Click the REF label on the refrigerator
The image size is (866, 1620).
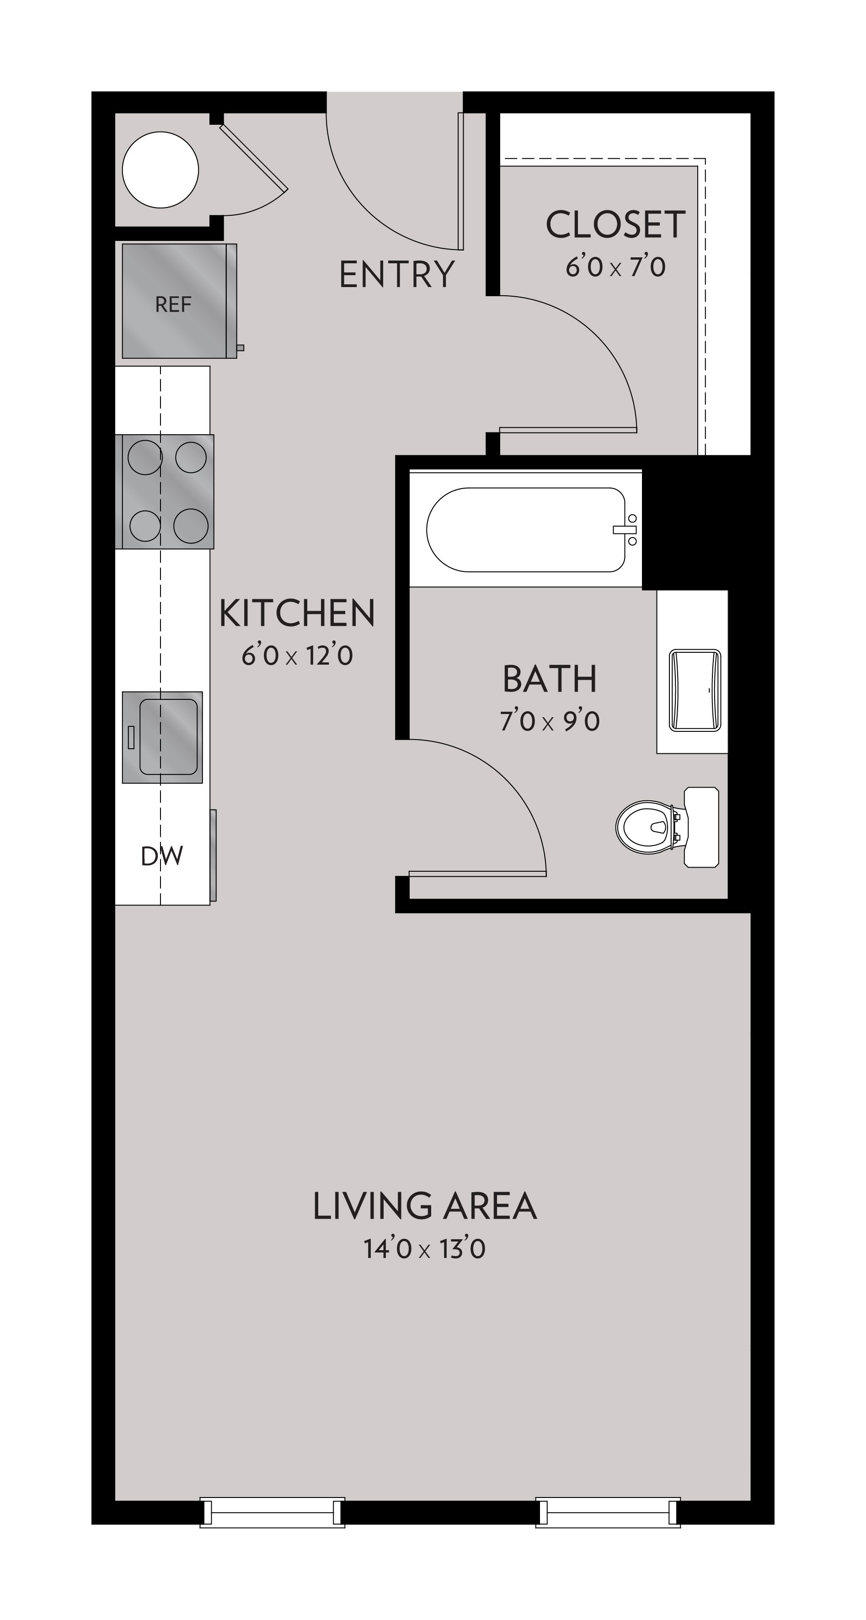(173, 304)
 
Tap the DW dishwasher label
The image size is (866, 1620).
(161, 856)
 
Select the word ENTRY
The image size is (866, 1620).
(396, 274)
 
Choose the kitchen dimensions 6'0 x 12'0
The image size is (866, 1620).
(297, 656)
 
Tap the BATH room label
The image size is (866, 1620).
(550, 679)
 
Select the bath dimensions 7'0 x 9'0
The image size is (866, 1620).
(550, 721)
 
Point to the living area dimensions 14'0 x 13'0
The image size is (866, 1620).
(424, 1249)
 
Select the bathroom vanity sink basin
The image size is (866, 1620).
(695, 690)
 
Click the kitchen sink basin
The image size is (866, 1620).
(168, 736)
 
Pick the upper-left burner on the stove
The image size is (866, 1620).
(144, 457)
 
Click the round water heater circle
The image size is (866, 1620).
(160, 170)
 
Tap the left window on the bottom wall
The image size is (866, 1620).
(273, 1513)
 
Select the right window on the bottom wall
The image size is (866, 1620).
(608, 1513)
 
